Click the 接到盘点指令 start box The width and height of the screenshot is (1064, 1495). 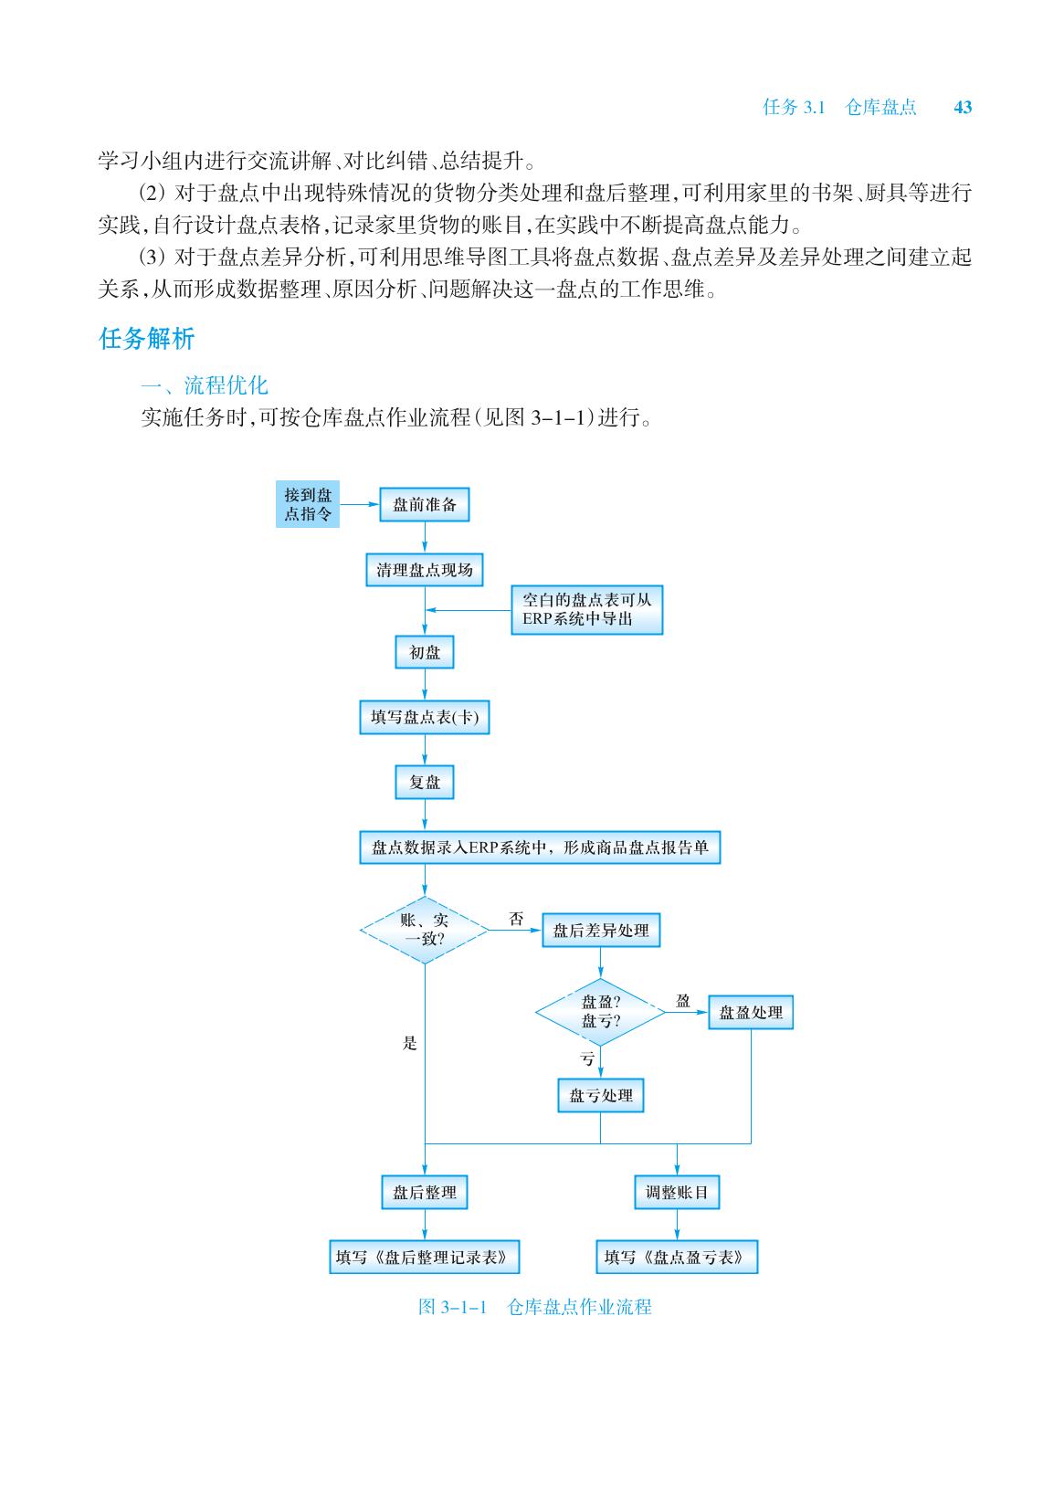coord(308,504)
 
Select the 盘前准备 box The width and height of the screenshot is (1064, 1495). coord(424,504)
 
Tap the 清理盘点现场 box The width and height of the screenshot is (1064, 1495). coord(425,570)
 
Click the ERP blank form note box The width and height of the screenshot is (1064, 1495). coord(586,610)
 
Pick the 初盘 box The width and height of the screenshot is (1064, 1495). coord(425,652)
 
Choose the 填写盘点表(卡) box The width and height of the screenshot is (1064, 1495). coord(425,718)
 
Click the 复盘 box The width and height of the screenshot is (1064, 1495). coord(425,783)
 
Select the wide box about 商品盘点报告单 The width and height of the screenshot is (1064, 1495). coord(540,848)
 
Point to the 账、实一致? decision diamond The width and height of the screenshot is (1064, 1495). coord(425,930)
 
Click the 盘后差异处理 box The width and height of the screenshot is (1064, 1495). coord(600,931)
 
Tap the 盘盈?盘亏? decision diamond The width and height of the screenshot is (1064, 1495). coord(600,1011)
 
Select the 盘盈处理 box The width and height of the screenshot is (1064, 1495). coord(751,1012)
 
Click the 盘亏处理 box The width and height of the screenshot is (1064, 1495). coord(600,1095)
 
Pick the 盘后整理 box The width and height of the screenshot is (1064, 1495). coord(424,1192)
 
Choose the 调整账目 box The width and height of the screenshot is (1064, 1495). coord(677,1192)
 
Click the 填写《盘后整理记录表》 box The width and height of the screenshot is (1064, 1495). coord(424,1258)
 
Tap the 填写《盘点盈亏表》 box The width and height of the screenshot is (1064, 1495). coord(677,1258)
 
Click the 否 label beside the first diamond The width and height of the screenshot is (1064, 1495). coord(517,919)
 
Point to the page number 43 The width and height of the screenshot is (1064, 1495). coord(963,108)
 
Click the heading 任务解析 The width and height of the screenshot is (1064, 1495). coord(146,340)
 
